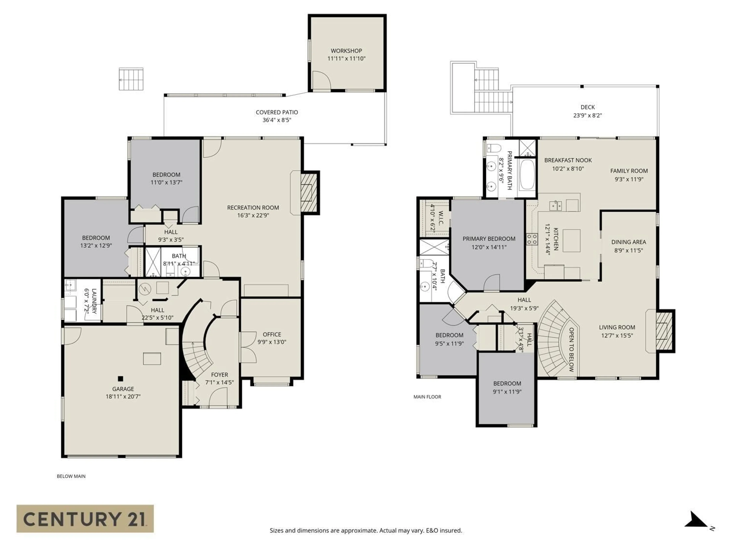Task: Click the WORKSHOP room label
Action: pos(346,51)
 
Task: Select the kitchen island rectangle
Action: pos(571,241)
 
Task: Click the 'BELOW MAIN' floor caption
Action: pos(71,476)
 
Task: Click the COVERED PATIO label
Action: pos(277,112)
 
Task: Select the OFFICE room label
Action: pos(272,334)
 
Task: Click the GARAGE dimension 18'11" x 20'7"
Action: pos(123,396)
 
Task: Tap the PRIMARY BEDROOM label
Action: pos(489,239)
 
